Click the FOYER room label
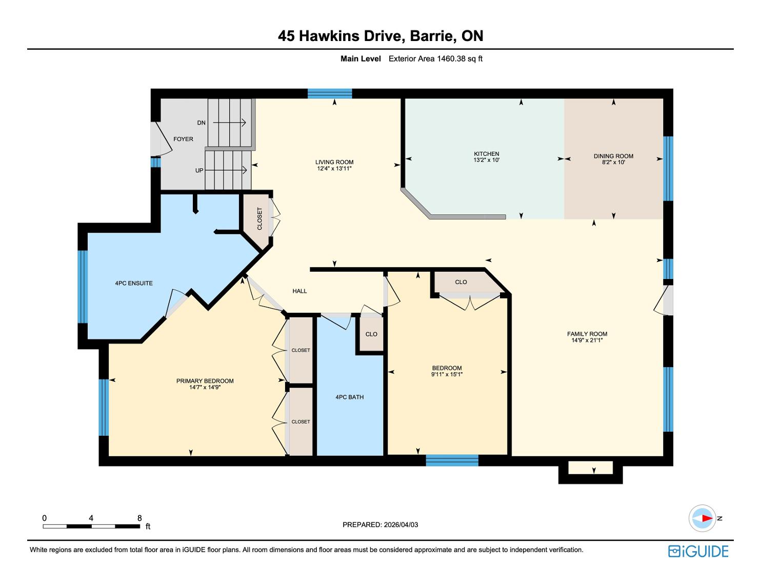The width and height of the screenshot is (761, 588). pos(183,139)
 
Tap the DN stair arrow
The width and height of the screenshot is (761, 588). pos(229,123)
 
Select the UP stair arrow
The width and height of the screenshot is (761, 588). pos(226,170)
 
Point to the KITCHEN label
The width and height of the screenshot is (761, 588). pos(487,154)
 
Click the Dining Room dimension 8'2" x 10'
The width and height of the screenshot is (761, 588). pos(613,162)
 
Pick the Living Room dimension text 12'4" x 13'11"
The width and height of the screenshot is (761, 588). pos(334,168)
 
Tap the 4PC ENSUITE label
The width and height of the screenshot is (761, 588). pos(134,283)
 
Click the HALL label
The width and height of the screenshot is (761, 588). pos(299,291)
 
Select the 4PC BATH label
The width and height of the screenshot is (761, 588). pos(350,397)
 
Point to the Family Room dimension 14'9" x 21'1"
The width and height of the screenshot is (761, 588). pos(587,340)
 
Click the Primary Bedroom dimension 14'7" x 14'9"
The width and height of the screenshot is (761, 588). pos(205,387)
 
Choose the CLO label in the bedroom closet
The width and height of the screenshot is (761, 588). pos(461,282)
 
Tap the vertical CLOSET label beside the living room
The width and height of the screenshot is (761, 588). pos(259,219)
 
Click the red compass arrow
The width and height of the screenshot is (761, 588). pos(707,518)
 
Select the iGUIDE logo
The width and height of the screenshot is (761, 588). pos(698,551)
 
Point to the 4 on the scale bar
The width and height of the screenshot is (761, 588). pos(91,518)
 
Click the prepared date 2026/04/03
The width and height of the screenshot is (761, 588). pos(400,524)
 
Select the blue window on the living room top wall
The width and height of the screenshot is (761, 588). pos(330,93)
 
